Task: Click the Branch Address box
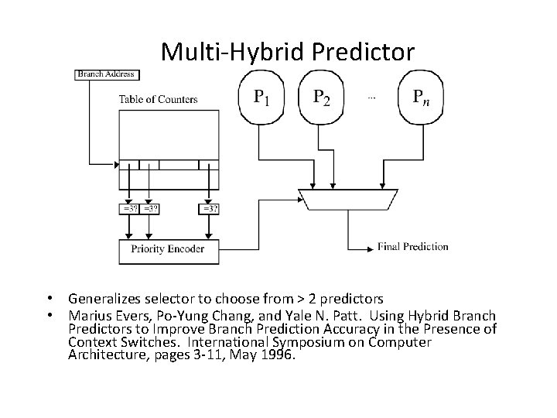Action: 106,74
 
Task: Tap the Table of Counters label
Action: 158,99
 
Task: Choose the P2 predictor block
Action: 320,97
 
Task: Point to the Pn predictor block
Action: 422,97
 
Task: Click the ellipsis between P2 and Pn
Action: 371,98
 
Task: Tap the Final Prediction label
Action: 413,247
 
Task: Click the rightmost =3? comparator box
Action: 209,209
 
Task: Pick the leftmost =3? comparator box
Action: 128,209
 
